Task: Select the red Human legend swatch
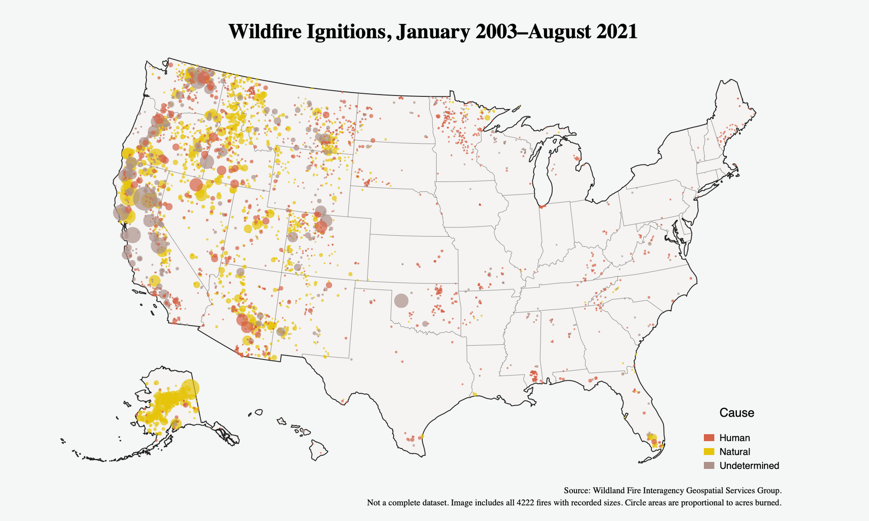(x=709, y=438)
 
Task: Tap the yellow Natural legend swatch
(x=709, y=452)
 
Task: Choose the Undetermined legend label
(x=749, y=466)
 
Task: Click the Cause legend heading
(x=736, y=412)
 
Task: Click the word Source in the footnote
(x=576, y=490)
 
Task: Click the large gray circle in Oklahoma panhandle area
(x=401, y=300)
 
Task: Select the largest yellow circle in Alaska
(x=190, y=388)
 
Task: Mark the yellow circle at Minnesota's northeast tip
(x=487, y=118)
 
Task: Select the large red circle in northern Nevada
(x=196, y=185)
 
